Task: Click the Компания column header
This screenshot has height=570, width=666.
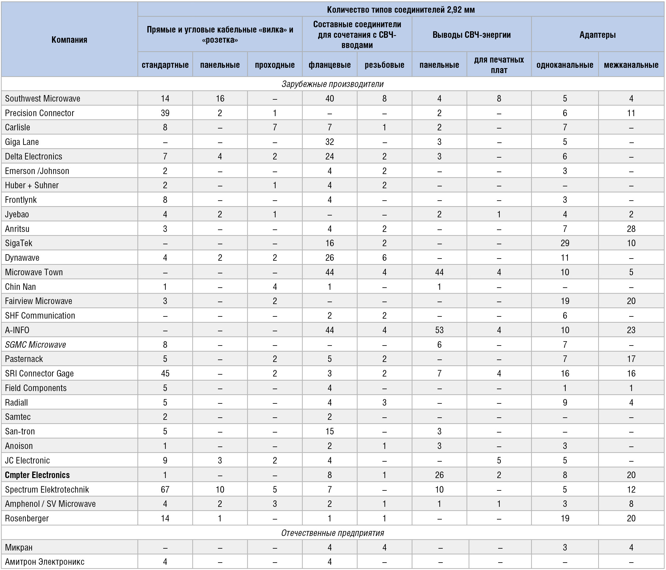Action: (x=69, y=40)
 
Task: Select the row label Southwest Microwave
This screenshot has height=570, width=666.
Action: (x=42, y=98)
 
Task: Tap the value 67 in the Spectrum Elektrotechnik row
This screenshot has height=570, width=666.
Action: (x=165, y=489)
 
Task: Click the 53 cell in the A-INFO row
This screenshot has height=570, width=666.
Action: (x=439, y=330)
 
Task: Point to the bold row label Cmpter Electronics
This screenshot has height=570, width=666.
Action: (x=37, y=475)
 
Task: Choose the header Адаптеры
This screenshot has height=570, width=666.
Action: (x=597, y=35)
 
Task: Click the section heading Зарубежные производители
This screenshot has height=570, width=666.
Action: (x=333, y=84)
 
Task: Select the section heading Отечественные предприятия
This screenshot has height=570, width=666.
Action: (x=333, y=533)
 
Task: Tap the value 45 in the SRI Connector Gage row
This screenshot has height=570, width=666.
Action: (x=165, y=373)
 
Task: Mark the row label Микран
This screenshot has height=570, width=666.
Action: (x=19, y=547)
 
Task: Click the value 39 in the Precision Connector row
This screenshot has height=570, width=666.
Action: (x=165, y=113)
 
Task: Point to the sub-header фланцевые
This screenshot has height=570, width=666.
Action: (x=329, y=65)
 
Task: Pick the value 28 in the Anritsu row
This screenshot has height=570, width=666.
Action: (x=631, y=228)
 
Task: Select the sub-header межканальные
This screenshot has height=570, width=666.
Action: (x=631, y=65)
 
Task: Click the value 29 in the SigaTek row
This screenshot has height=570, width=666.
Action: (x=565, y=243)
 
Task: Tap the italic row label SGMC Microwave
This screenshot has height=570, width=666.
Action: (x=35, y=345)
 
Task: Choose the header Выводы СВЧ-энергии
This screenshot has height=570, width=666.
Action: (x=471, y=35)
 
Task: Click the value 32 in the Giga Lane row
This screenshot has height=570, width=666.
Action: (x=329, y=142)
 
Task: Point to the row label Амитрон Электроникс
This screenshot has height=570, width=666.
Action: (x=45, y=562)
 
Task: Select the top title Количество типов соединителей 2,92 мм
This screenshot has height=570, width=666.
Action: (x=401, y=10)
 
